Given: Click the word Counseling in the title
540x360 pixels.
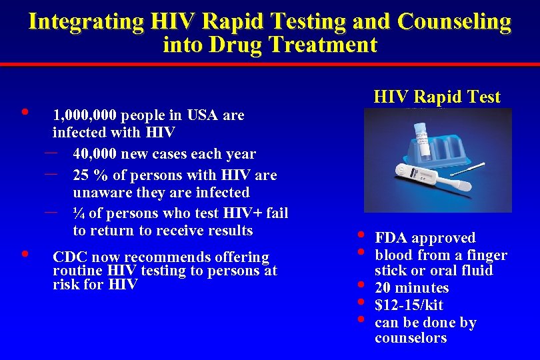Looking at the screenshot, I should point(454,22).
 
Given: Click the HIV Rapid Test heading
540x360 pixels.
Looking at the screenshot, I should point(437,97).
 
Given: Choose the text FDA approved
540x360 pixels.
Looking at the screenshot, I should point(425,238).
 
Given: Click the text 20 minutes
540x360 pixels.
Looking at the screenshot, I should point(411,288).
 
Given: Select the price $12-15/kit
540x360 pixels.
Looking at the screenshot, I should point(409,305).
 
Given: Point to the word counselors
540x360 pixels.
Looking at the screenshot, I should point(411,338).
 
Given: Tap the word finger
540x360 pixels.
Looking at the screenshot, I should point(487,255).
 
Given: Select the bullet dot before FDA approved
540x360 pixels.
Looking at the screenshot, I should point(361,235).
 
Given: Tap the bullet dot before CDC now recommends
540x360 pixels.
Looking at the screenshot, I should point(25,254).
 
